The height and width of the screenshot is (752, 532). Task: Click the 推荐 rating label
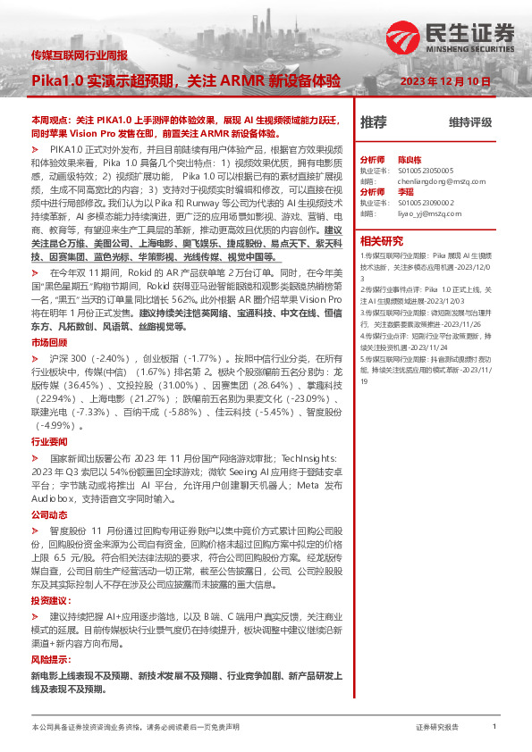(374, 121)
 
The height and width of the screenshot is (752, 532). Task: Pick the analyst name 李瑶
(406, 191)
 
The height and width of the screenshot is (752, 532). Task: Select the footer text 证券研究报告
(437, 728)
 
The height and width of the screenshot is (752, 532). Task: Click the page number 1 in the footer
(494, 727)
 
